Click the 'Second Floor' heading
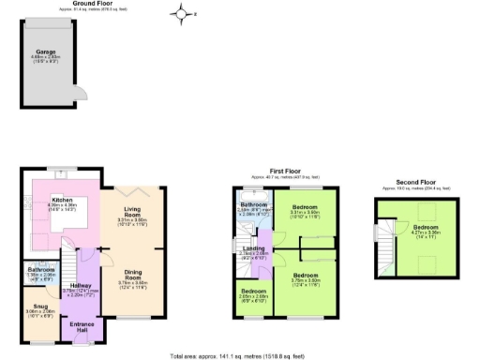pyautogui.click(x=414, y=182)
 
